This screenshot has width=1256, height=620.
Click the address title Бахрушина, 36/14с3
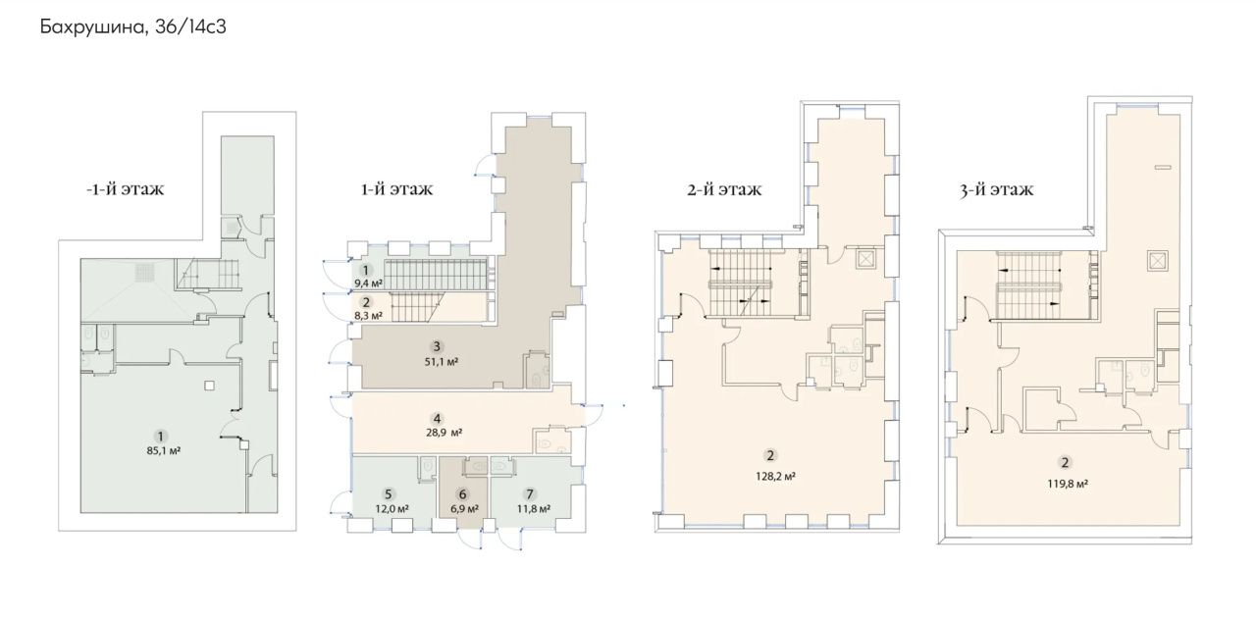tap(132, 26)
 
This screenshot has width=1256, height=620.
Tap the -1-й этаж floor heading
tap(125, 189)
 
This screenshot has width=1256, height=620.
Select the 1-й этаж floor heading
tap(396, 189)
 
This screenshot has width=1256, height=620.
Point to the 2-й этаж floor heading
tap(724, 190)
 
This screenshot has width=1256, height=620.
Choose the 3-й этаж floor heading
tap(996, 190)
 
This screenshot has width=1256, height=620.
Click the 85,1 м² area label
tap(163, 450)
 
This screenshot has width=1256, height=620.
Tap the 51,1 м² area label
tap(442, 362)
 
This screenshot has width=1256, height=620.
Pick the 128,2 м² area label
tap(775, 477)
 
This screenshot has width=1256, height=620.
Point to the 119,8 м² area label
tap(1068, 484)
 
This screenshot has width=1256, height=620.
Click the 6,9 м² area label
tap(464, 509)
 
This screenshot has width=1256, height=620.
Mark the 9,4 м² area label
tap(368, 284)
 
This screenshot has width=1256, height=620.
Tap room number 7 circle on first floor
tap(529, 494)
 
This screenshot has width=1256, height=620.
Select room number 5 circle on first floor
tap(388, 494)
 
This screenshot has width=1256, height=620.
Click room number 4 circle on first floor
tap(437, 418)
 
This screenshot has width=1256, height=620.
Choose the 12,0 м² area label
tap(392, 509)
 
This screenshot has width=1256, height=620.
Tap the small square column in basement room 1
tap(209, 386)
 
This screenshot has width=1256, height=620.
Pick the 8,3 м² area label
tap(368, 316)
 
